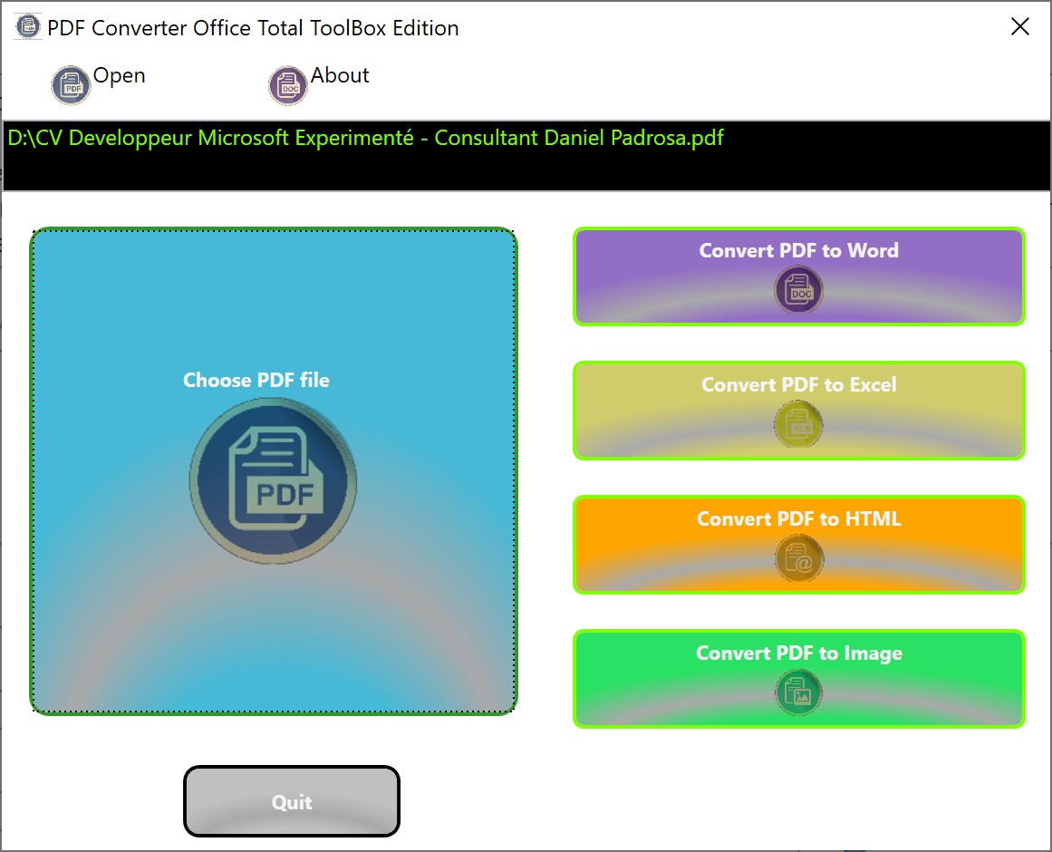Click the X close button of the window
(1019, 27)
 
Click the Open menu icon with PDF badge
(71, 85)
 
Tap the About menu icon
(288, 85)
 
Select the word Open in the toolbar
(120, 76)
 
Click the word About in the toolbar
(340, 75)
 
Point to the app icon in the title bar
(27, 27)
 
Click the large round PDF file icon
(273, 480)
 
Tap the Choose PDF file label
(256, 380)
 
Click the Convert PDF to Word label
(798, 250)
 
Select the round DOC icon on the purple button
(798, 290)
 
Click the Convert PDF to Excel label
(798, 384)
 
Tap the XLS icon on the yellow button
(798, 424)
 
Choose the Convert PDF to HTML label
(798, 518)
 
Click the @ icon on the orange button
(798, 558)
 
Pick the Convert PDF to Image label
(799, 654)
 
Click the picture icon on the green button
(798, 692)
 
